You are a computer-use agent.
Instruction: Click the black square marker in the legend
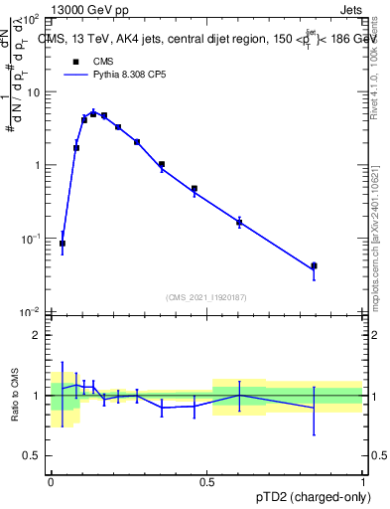pyautogui.click(x=73, y=61)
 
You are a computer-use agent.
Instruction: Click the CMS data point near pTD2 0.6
pyautogui.click(x=239, y=223)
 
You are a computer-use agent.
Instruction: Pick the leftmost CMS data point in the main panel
pyautogui.click(x=63, y=243)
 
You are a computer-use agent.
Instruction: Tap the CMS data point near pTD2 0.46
pyautogui.click(x=195, y=188)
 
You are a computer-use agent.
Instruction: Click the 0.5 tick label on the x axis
pyautogui.click(x=207, y=482)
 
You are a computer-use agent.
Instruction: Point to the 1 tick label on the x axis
pyautogui.click(x=364, y=482)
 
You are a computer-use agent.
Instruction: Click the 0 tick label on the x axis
pyautogui.click(x=52, y=482)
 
